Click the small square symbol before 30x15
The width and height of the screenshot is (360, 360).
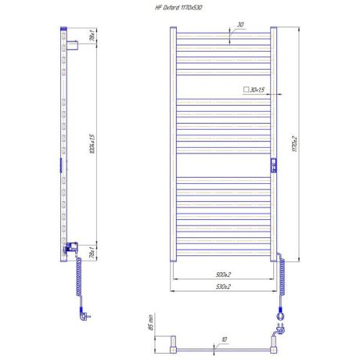[246, 91]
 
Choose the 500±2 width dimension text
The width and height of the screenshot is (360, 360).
[223, 275]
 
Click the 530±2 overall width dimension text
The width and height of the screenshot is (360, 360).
[223, 287]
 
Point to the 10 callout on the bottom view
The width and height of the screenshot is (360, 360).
[224, 340]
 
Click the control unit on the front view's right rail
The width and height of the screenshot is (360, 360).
[273, 164]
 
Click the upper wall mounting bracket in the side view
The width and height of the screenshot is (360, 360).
[70, 43]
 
